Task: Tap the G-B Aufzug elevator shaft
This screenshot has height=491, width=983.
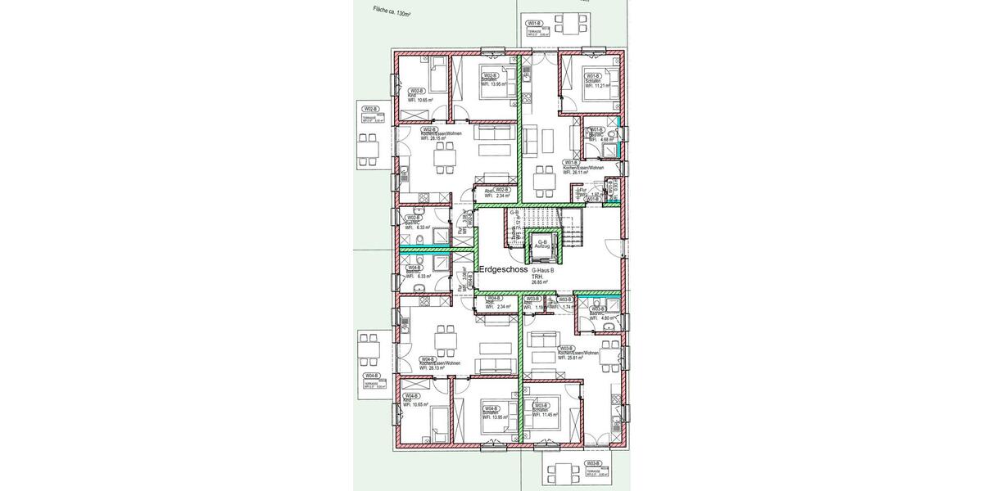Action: click(x=541, y=243)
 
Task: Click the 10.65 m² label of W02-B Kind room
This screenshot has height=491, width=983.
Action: click(x=421, y=100)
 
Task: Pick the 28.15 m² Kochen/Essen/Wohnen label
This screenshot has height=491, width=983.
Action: click(x=434, y=138)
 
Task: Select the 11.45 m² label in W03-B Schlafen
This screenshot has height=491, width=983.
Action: click(x=545, y=414)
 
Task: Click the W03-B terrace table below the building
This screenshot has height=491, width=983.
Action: click(x=561, y=471)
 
